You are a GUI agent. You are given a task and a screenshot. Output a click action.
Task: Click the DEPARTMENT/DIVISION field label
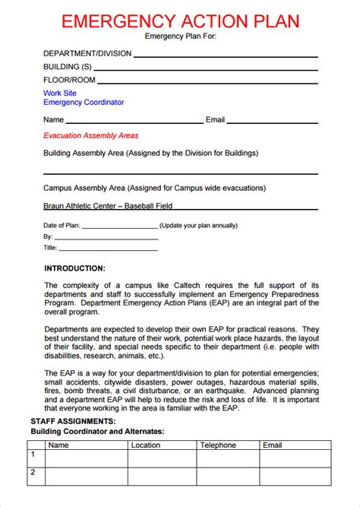(x=87, y=53)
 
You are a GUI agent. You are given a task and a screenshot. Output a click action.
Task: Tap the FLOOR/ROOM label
(x=69, y=80)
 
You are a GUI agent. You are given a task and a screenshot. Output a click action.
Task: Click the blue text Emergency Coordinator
(x=84, y=102)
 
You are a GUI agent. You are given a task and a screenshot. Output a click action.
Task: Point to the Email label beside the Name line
(x=216, y=119)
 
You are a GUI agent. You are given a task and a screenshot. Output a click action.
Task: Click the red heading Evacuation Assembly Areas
(x=91, y=135)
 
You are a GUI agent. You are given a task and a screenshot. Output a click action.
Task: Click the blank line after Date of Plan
(x=119, y=227)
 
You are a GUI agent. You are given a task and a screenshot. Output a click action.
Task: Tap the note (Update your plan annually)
(x=199, y=225)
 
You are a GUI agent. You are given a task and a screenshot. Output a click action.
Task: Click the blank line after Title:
(x=108, y=248)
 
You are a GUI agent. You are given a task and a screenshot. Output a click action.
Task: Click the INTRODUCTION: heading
(x=74, y=268)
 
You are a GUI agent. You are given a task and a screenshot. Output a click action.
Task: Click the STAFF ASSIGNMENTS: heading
(x=74, y=420)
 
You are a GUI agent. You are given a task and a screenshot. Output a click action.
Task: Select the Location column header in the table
(x=145, y=445)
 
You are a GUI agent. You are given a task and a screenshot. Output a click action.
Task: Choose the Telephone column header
(x=218, y=445)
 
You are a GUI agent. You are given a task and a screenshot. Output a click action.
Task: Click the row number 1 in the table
(x=33, y=455)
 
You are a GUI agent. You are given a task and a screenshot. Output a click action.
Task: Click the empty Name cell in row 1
(x=86, y=458)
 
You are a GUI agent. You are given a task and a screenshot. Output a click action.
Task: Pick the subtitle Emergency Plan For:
(x=180, y=36)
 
